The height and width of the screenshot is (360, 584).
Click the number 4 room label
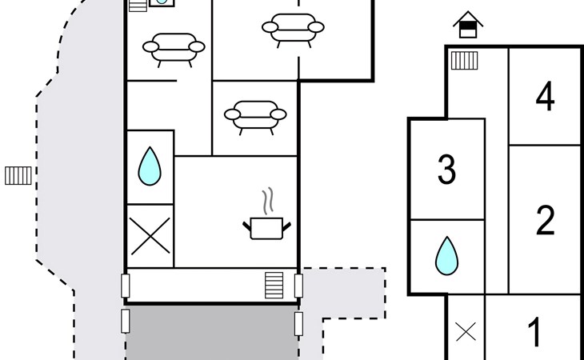[x=545, y=98]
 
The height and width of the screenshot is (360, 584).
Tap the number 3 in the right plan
[x=446, y=170]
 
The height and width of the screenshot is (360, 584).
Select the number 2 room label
[x=545, y=221]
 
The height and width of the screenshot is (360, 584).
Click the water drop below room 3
[x=446, y=256]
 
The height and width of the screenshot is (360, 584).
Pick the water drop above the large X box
[x=150, y=166]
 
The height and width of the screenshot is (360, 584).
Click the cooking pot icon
[x=266, y=227]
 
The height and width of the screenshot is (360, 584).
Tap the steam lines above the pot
[x=266, y=198]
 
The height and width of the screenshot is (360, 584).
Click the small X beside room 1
[x=466, y=331]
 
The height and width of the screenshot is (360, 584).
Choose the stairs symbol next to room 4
[x=465, y=60]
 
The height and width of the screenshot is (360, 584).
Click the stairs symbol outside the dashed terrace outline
[x=18, y=174]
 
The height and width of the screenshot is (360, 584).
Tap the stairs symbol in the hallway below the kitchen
[x=274, y=285]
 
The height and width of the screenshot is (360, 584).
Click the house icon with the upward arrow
[x=468, y=26]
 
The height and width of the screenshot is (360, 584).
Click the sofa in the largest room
[x=293, y=28]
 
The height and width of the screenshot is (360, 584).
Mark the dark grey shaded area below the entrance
[x=211, y=334]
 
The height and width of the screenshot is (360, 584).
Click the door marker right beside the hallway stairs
[x=298, y=285]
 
